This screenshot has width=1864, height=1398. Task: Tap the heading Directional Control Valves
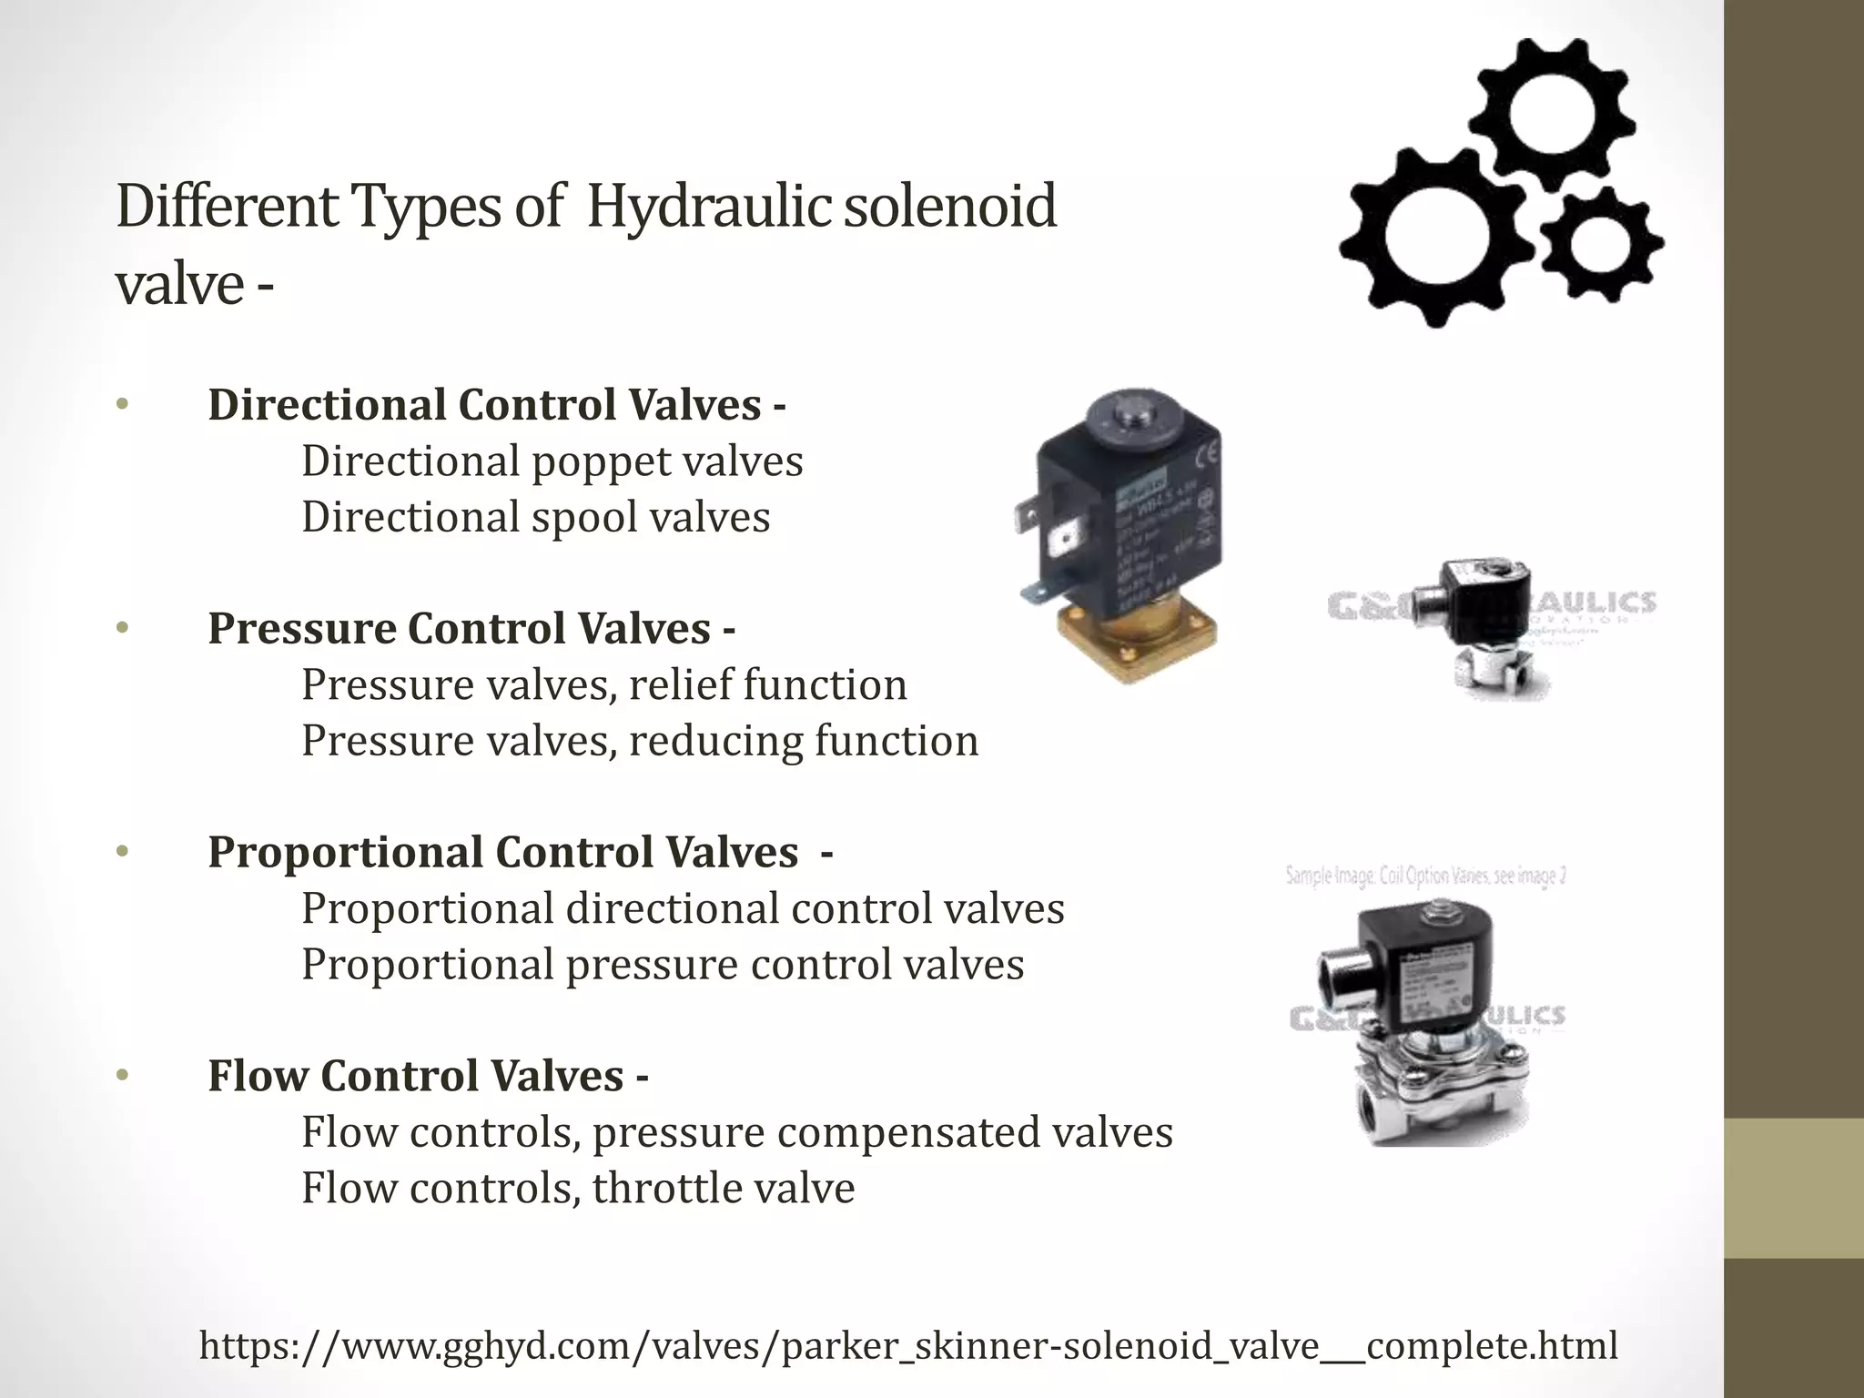tap(496, 405)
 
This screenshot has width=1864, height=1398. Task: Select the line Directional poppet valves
tap(552, 461)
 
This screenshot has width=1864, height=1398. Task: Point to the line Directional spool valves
tap(536, 517)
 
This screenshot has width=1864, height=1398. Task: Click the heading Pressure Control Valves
tap(471, 629)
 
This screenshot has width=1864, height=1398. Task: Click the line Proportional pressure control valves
tap(663, 965)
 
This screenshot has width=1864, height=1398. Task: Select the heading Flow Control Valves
tap(427, 1076)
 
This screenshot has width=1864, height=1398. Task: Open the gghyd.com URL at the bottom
tap(908, 1345)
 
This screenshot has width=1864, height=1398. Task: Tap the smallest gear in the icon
tap(1600, 243)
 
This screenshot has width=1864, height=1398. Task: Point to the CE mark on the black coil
tap(1211, 453)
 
